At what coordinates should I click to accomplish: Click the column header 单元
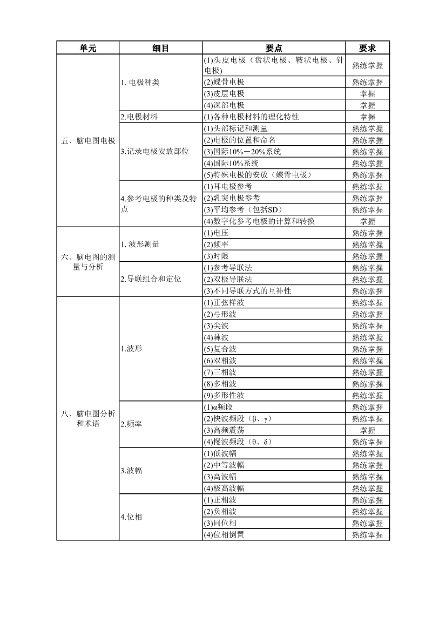[x=87, y=48]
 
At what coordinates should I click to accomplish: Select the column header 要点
[x=274, y=48]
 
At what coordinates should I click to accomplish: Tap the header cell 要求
[x=367, y=48]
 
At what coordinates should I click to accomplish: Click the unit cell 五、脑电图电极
[x=88, y=141]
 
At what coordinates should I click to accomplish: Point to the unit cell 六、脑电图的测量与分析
[x=88, y=262]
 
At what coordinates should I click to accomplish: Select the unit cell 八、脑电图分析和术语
[x=88, y=418]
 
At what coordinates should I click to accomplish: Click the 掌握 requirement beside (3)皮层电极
[x=367, y=94]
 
